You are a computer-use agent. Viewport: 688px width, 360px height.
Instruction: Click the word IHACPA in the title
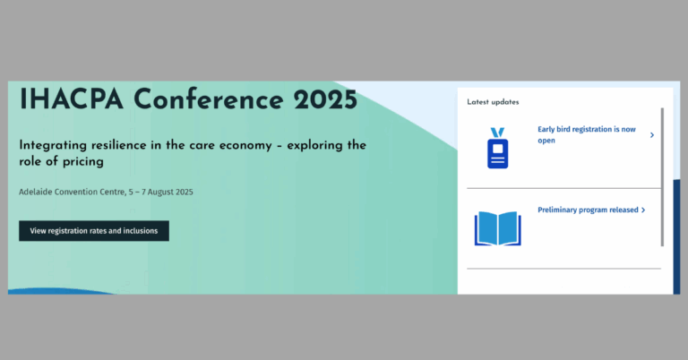pos(72,99)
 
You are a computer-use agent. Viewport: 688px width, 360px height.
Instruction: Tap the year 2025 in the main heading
pos(325,99)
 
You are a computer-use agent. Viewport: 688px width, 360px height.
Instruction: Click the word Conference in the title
pos(209,99)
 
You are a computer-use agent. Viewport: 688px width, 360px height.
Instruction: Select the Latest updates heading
pos(493,102)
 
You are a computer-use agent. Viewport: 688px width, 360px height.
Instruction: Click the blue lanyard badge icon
pos(497,148)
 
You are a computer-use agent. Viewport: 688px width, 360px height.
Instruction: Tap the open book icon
pos(497,228)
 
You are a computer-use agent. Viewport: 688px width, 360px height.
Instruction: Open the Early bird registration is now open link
pos(587,134)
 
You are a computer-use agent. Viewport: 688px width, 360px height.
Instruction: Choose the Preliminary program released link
pos(588,210)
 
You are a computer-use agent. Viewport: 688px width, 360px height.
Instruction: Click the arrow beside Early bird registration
pos(652,135)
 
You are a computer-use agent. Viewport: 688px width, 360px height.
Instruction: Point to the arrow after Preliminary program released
pos(643,210)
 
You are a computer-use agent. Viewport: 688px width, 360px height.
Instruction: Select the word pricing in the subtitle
pos(83,162)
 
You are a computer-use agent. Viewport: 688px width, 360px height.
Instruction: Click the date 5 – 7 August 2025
pos(160,192)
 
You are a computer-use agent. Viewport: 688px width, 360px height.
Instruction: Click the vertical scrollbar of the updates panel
pos(662,177)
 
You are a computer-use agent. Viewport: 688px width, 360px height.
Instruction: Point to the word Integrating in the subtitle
pos(53,146)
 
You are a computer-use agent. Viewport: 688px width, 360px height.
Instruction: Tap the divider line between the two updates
pos(563,189)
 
